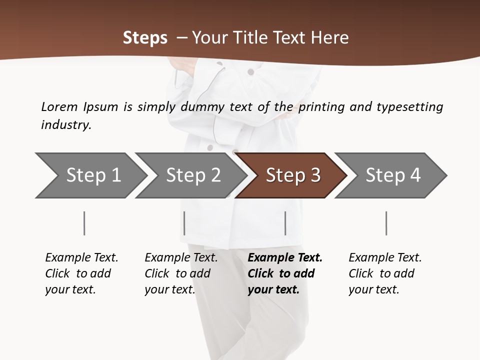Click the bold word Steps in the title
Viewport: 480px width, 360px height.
coord(145,38)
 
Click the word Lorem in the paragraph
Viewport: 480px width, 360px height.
coord(59,106)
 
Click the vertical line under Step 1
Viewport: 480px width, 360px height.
coord(84,223)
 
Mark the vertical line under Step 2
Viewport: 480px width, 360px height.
coord(184,223)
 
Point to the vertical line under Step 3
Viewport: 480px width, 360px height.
coord(285,223)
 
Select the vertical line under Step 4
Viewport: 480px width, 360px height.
coord(386,223)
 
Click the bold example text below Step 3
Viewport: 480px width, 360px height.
coord(285,273)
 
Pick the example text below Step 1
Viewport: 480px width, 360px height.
coord(81,273)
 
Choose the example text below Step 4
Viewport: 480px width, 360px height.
coord(385,273)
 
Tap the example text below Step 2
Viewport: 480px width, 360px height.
coord(181,273)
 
